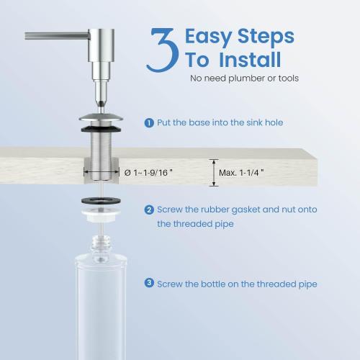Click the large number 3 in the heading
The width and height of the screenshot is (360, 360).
tap(163, 50)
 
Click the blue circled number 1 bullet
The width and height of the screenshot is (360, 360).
tap(149, 123)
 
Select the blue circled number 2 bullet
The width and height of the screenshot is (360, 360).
tap(149, 210)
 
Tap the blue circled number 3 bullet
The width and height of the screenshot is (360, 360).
tap(149, 284)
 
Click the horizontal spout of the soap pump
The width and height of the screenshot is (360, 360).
tap(54, 35)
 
